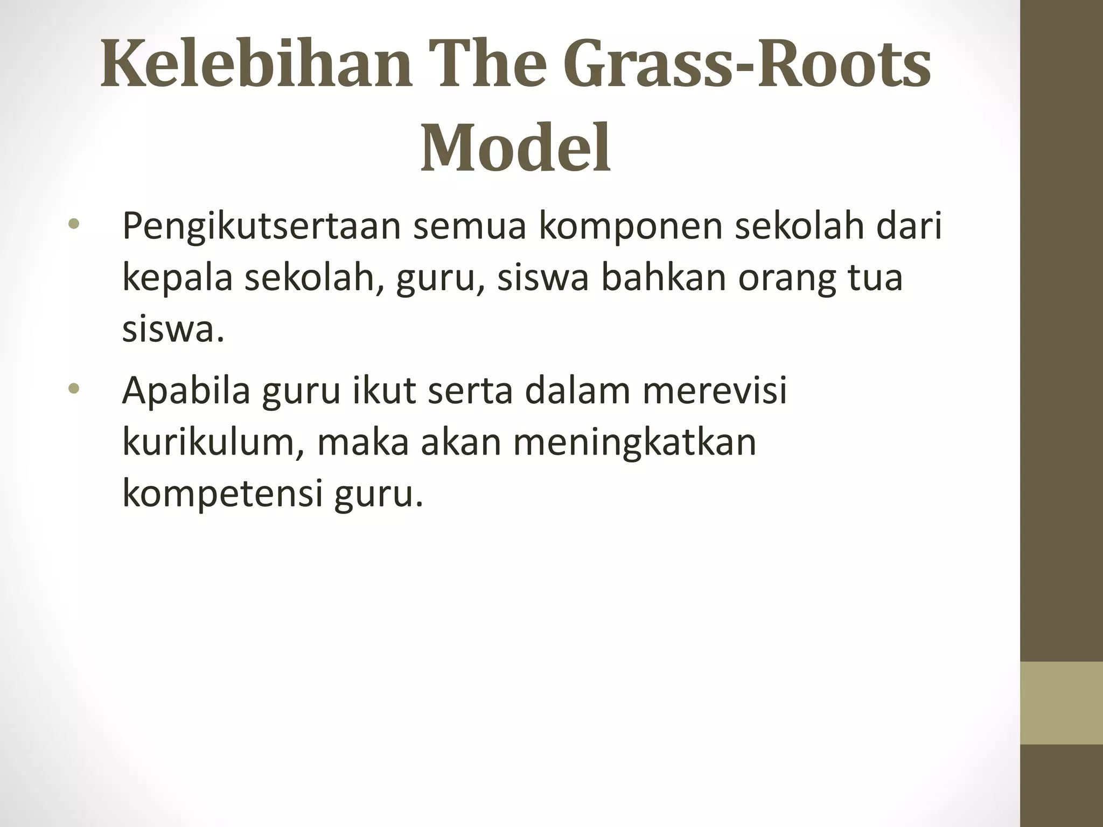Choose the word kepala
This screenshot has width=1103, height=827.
coord(177,279)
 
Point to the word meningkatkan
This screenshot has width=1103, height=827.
coord(634,444)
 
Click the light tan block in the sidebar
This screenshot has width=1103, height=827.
coord(1061,703)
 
